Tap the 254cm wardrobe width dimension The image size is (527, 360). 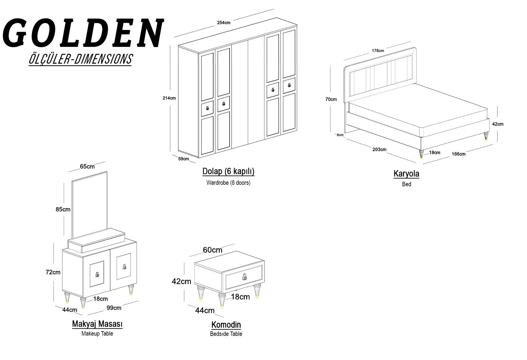click(x=224, y=23)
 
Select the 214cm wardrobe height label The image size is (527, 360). click(x=169, y=98)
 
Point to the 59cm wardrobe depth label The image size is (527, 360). click(x=183, y=159)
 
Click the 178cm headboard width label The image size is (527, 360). click(x=378, y=51)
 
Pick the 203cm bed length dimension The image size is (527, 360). click(x=379, y=149)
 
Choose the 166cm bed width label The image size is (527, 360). click(x=459, y=154)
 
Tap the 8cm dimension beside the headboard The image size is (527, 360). click(x=340, y=135)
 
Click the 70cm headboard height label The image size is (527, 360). click(x=331, y=99)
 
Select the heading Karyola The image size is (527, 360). click(x=406, y=174)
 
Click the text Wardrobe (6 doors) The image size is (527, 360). click(x=228, y=183)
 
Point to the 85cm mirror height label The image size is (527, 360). click(x=63, y=209)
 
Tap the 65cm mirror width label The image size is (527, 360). click(x=87, y=166)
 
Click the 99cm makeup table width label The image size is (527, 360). click(x=114, y=308)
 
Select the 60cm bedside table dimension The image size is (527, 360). click(x=213, y=250)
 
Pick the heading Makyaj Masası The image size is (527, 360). click(x=97, y=324)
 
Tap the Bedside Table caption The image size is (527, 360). click(x=226, y=334)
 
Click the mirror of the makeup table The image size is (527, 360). click(x=90, y=205)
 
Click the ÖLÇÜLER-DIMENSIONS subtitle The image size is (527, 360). click(x=80, y=59)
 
